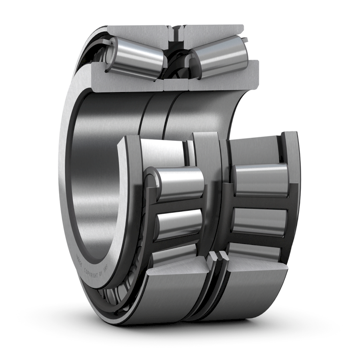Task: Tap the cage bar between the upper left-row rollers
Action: click(176, 204)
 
